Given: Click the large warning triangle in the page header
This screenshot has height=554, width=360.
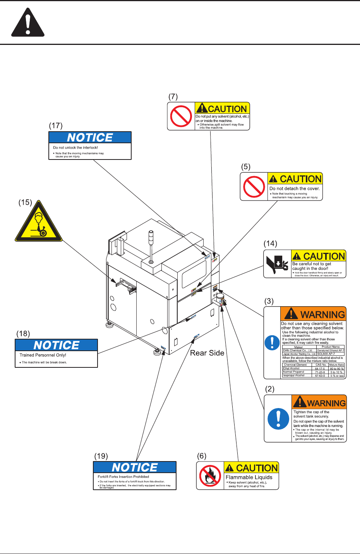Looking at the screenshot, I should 27,23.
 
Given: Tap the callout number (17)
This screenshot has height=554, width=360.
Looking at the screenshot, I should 56,125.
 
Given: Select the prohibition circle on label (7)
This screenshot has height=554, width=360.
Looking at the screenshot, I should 181,116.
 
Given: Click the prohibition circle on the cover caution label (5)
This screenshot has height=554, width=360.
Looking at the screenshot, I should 254,187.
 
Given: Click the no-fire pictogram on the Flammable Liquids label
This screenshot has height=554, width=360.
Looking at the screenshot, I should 210,476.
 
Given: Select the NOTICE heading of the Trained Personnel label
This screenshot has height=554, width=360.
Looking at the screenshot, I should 57,345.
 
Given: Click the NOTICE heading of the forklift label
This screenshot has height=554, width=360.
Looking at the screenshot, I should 135,467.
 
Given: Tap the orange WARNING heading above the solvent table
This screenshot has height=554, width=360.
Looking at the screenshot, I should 313,314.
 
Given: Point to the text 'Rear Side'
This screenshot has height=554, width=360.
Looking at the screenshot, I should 207,353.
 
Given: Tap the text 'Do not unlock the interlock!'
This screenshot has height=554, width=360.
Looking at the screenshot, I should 75,148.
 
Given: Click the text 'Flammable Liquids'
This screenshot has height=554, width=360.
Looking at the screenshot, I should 249,477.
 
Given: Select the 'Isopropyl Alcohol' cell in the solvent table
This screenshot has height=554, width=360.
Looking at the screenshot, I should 294,375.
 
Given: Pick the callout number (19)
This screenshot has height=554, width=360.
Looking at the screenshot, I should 101,456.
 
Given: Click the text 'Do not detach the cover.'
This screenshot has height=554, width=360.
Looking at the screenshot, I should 295,189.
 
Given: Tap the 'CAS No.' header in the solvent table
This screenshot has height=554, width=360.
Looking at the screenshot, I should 321,365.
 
